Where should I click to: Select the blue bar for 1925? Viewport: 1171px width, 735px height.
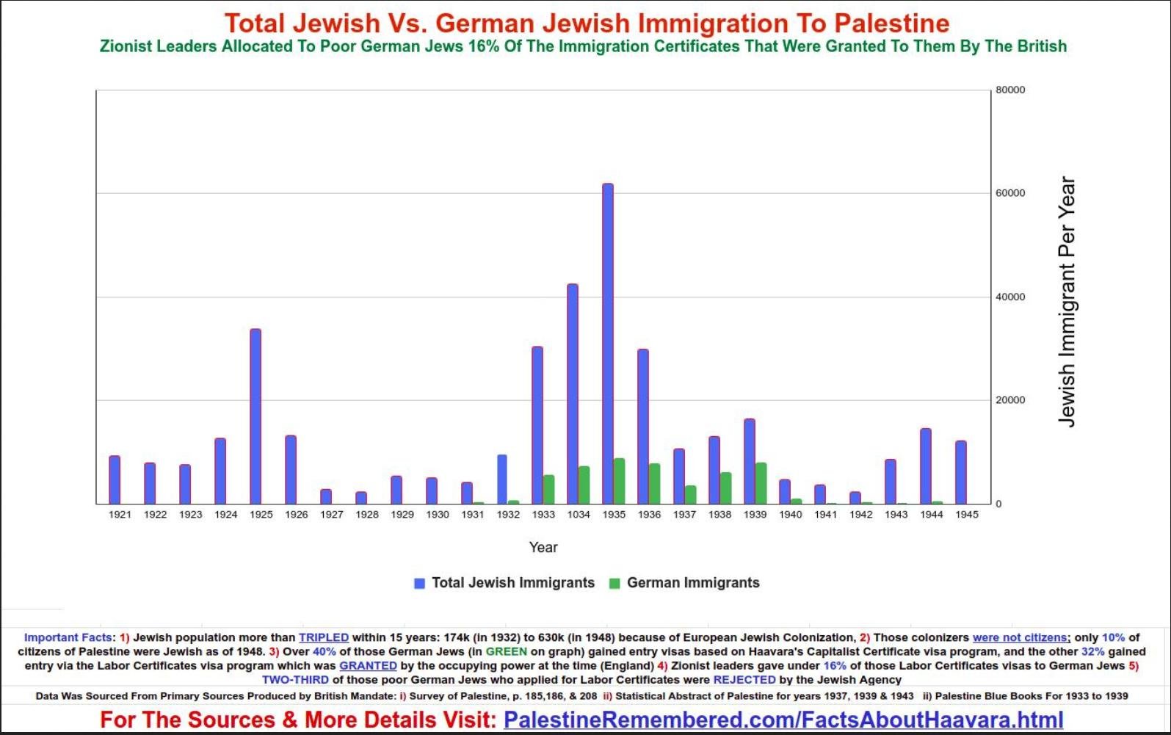click(255, 416)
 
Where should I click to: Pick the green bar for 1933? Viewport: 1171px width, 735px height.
click(549, 489)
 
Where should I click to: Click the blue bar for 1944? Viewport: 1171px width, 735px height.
click(926, 466)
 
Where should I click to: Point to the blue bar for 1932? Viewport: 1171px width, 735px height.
click(502, 479)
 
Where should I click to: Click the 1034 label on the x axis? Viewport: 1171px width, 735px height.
click(579, 515)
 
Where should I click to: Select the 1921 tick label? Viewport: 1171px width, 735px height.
click(120, 515)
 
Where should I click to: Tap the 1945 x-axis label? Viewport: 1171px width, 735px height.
click(967, 515)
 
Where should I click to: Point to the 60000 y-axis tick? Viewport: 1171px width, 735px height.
click(1010, 193)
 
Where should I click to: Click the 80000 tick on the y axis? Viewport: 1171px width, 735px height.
click(1010, 90)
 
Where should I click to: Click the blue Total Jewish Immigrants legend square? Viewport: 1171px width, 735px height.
click(420, 584)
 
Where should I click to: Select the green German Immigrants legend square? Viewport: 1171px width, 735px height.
click(615, 584)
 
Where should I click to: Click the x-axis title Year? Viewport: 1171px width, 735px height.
click(543, 547)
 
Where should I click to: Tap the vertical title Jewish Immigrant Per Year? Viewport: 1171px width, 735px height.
click(1067, 301)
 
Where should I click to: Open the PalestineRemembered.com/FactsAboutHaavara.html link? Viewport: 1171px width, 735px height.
click(783, 720)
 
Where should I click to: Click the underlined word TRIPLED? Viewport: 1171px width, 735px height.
click(324, 637)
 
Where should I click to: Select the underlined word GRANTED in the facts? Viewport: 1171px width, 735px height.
click(368, 666)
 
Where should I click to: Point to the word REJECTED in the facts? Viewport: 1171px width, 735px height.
click(744, 680)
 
